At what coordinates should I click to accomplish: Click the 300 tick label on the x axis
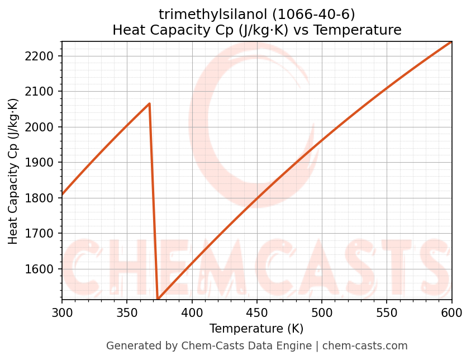pos(62,312)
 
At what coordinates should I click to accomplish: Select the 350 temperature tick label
pos(127,312)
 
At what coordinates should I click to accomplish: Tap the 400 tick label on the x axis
pos(192,312)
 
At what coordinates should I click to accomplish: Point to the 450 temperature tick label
pos(257,312)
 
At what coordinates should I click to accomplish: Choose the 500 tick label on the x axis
pos(322,312)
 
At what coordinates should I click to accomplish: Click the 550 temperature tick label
pos(387,312)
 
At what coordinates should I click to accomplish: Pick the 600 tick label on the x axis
pos(451,312)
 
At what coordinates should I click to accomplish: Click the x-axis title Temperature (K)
pos(256,329)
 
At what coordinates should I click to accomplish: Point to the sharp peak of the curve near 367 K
pos(149,103)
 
